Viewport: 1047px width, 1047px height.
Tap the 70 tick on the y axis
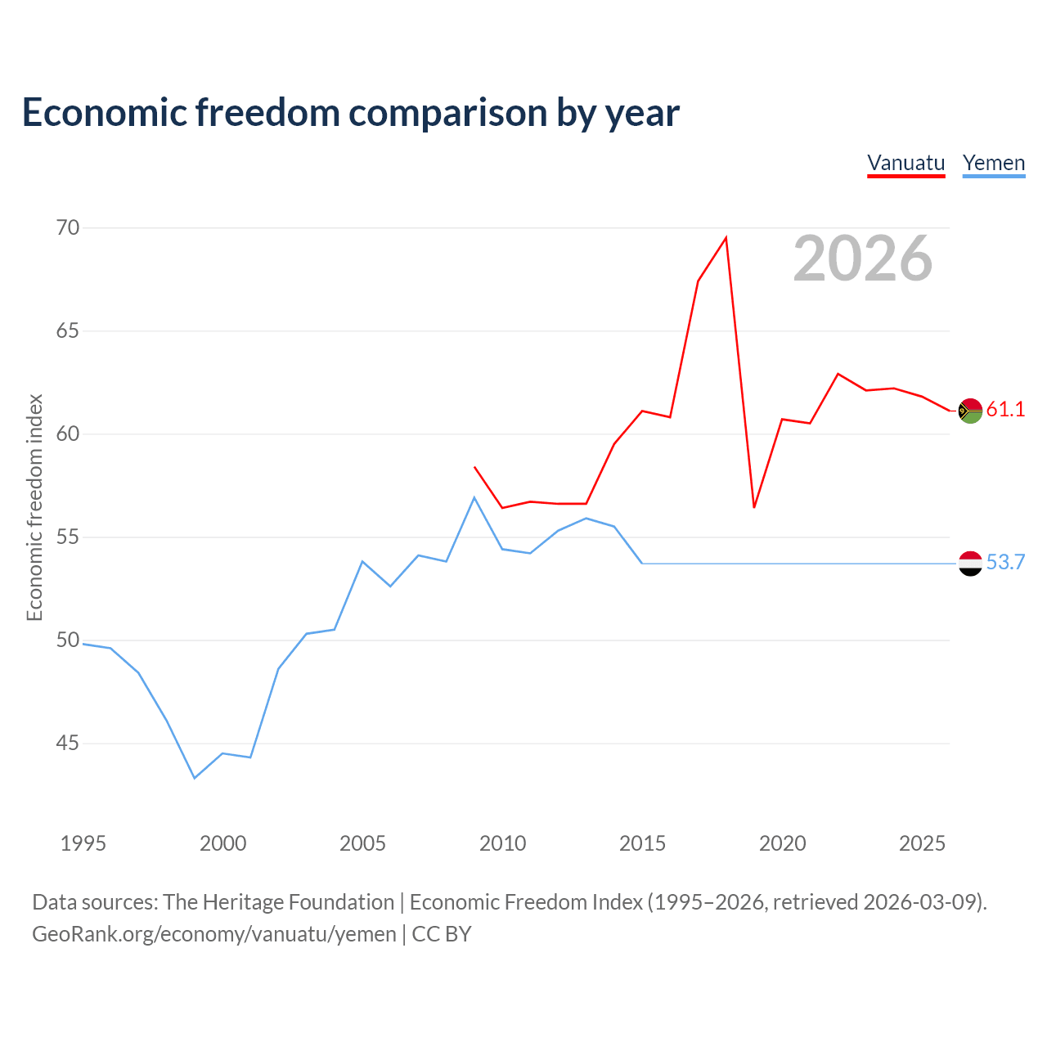click(x=68, y=227)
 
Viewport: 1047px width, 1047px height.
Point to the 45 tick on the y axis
click(x=68, y=743)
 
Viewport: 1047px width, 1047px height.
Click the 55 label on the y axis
click(x=68, y=537)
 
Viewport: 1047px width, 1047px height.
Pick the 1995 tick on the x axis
click(x=83, y=843)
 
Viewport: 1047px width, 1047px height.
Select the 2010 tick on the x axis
click(x=502, y=843)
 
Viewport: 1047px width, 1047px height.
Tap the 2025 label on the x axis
click(x=922, y=843)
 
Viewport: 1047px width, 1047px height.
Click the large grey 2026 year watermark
click(x=863, y=258)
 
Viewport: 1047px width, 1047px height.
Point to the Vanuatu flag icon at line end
click(x=970, y=411)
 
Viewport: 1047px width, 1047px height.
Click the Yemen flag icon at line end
click(x=970, y=564)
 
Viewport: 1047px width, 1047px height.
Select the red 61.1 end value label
click(x=1006, y=409)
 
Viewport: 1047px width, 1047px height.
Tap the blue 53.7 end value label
click(x=1006, y=562)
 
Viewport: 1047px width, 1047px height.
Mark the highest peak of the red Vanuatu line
click(x=726, y=238)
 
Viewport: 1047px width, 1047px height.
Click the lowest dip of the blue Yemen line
click(x=195, y=778)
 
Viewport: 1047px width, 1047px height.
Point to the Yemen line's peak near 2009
click(x=474, y=497)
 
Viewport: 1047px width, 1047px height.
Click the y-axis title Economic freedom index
click(x=35, y=507)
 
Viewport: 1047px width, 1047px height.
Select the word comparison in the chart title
click(x=447, y=114)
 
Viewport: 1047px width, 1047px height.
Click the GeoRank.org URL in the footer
click(x=214, y=934)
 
